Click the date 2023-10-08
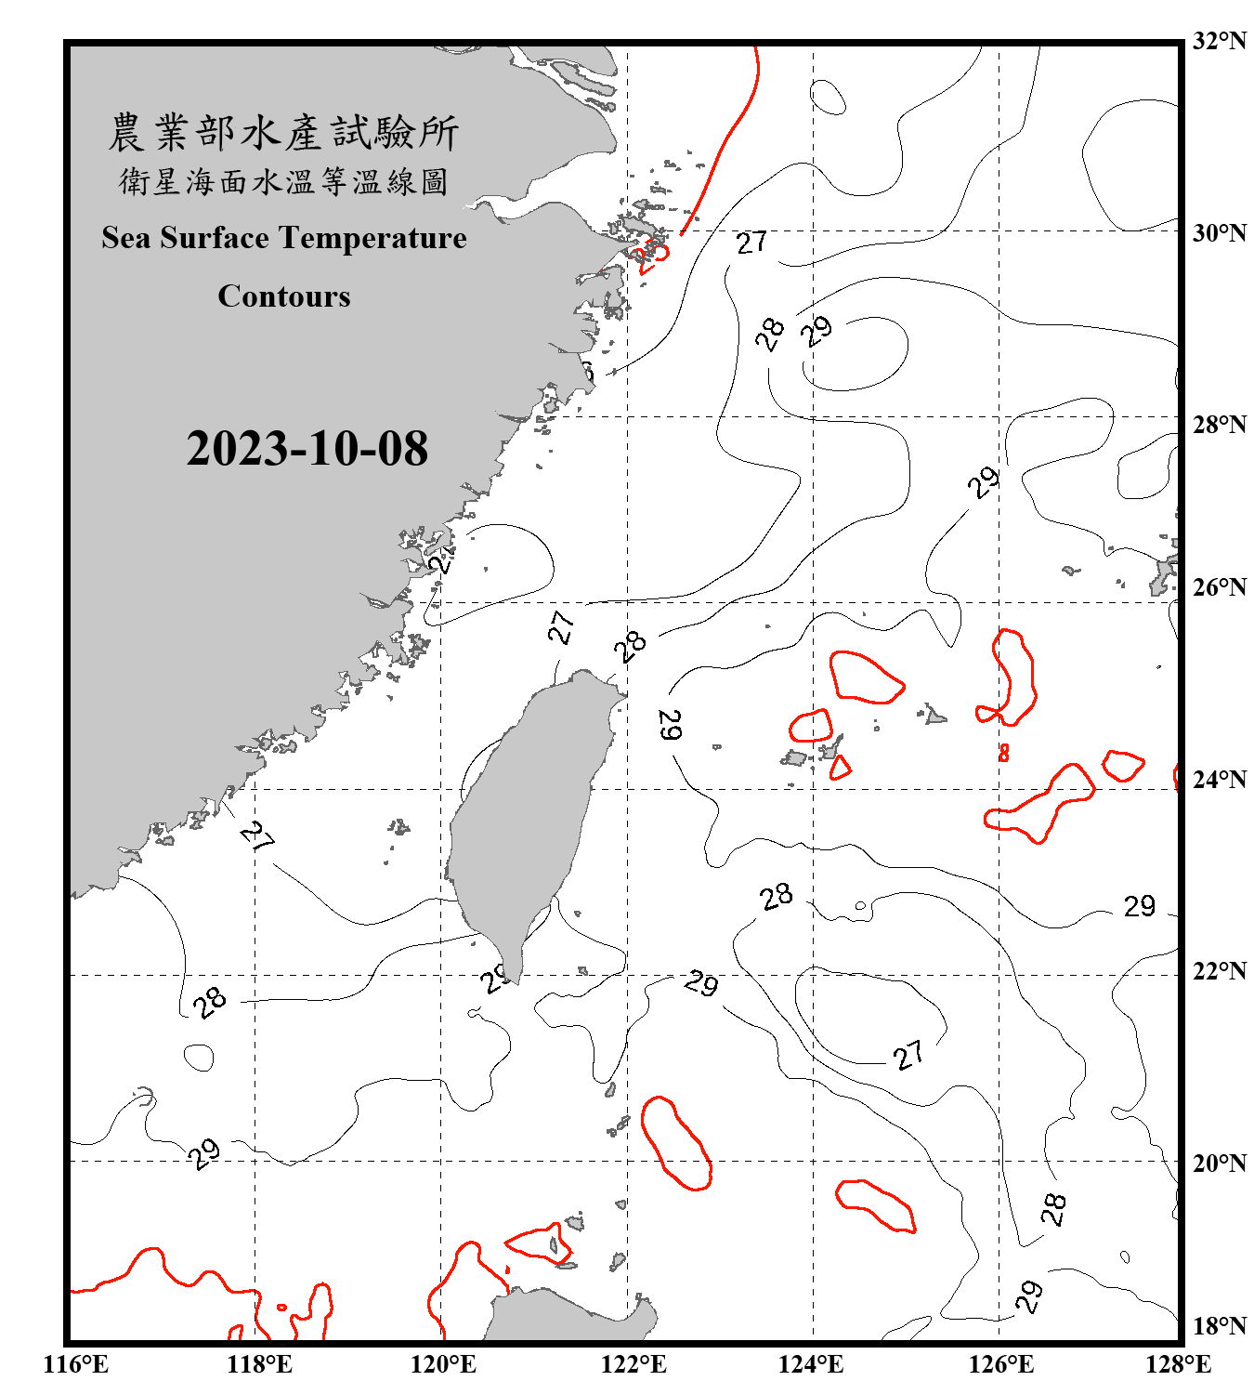(307, 449)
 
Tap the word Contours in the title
(284, 296)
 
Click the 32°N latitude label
(1219, 41)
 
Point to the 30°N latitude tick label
(1219, 232)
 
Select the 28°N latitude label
(1219, 425)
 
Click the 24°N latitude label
(1219, 779)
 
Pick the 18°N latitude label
(1219, 1326)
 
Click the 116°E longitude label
(75, 1364)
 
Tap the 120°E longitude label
(443, 1364)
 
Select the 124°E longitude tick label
(811, 1364)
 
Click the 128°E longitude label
(1178, 1364)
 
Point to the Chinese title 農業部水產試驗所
(283, 133)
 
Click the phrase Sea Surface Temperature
(284, 238)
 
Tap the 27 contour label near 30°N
(751, 243)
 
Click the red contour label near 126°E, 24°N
(1003, 753)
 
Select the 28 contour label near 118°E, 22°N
(211, 1002)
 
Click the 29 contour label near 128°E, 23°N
(1140, 906)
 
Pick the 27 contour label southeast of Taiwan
(908, 1055)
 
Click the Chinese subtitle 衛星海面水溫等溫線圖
(283, 182)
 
